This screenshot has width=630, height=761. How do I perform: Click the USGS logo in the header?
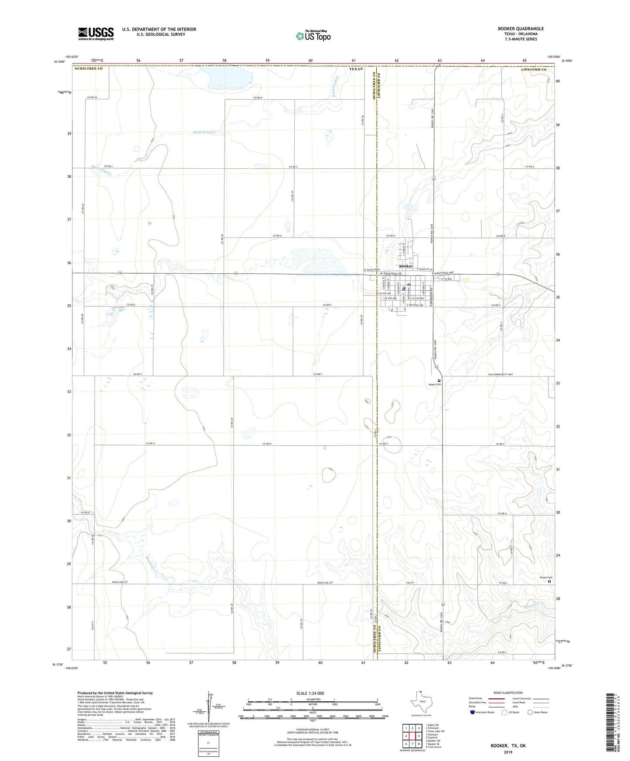[96, 34]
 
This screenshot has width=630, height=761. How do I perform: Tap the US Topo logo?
[313, 36]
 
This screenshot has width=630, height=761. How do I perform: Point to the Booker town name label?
[406, 266]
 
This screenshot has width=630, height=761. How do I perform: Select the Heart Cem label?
[435, 384]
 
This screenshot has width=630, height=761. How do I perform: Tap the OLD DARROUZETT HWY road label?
[501, 375]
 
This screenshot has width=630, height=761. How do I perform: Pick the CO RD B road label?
[258, 98]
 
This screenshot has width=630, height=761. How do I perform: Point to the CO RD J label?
[502, 652]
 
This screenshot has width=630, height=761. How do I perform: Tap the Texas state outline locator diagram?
[419, 703]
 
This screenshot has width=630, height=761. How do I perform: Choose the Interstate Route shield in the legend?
[473, 712]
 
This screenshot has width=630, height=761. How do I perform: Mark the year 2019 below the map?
[508, 752]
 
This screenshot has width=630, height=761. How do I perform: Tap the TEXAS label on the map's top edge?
[356, 69]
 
